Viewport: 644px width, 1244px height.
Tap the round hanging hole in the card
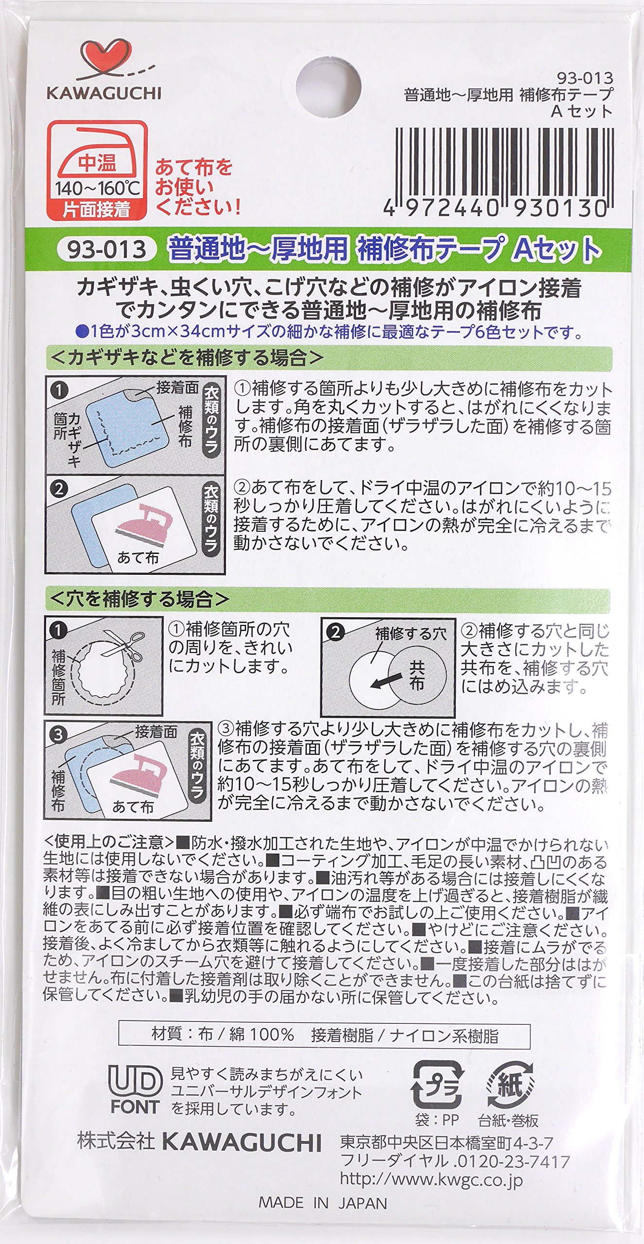328,88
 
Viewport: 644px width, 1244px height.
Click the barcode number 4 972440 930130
495,208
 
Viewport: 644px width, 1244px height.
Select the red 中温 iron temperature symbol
97,170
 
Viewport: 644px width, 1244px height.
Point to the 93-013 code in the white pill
106,249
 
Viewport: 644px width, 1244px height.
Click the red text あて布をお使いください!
197,187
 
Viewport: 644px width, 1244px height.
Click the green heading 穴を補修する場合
139,599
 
